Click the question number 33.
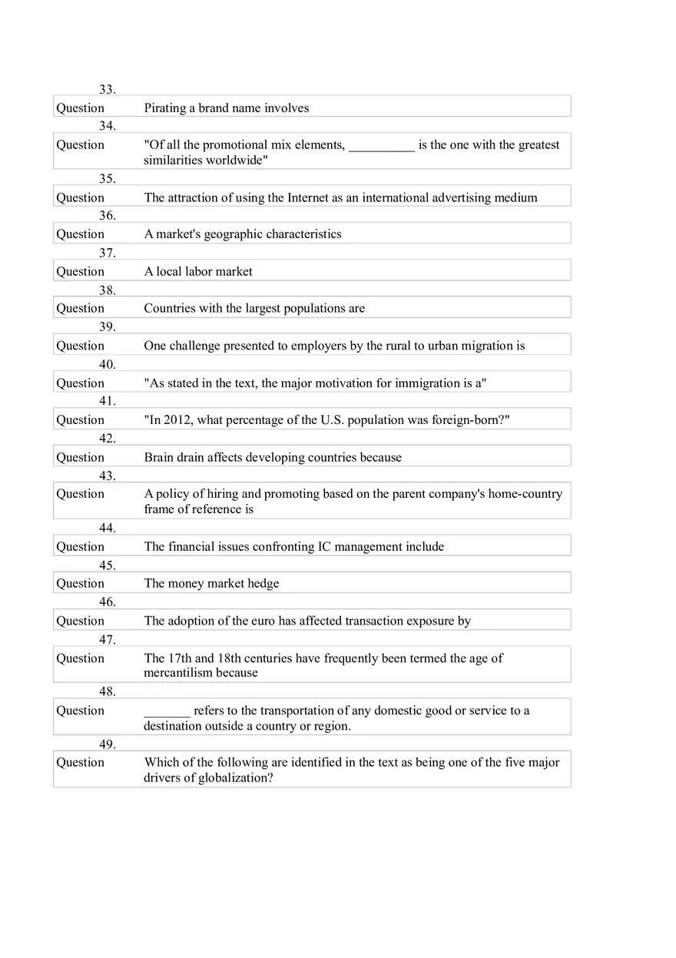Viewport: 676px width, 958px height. (x=107, y=89)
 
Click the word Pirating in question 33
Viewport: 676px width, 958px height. (x=165, y=108)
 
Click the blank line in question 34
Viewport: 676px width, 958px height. (x=382, y=145)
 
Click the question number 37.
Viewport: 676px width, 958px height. (x=107, y=253)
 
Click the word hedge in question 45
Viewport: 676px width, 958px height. (x=263, y=584)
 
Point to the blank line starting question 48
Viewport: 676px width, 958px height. (x=167, y=711)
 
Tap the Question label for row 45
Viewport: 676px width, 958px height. (x=80, y=584)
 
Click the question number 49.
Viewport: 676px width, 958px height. (x=107, y=744)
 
